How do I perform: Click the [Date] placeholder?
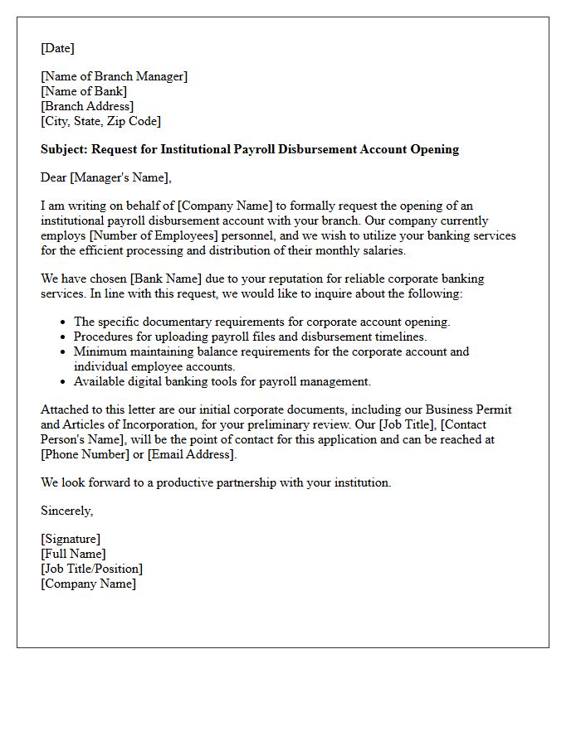click(x=57, y=48)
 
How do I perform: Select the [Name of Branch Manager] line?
click(x=115, y=76)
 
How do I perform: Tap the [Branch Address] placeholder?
click(x=87, y=106)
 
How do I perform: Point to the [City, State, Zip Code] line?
click(x=100, y=121)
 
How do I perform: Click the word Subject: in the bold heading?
click(x=64, y=149)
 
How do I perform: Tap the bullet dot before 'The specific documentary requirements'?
click(x=64, y=322)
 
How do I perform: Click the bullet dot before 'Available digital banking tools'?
click(x=64, y=382)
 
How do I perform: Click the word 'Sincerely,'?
click(x=66, y=511)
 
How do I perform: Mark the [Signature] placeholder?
click(x=71, y=539)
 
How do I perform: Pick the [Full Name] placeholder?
click(x=73, y=554)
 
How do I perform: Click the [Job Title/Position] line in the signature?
click(x=91, y=569)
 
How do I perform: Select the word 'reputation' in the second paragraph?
click(x=271, y=279)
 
